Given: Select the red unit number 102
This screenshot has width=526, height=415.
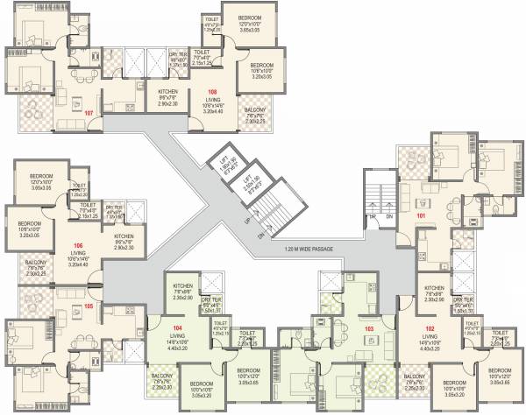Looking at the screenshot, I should coord(430,328).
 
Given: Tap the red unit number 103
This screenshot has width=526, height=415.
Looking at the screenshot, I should coord(369,329).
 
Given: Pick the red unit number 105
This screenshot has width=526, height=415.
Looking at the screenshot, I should coord(88,306).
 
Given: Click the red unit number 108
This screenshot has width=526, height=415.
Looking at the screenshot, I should coord(211,92).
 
